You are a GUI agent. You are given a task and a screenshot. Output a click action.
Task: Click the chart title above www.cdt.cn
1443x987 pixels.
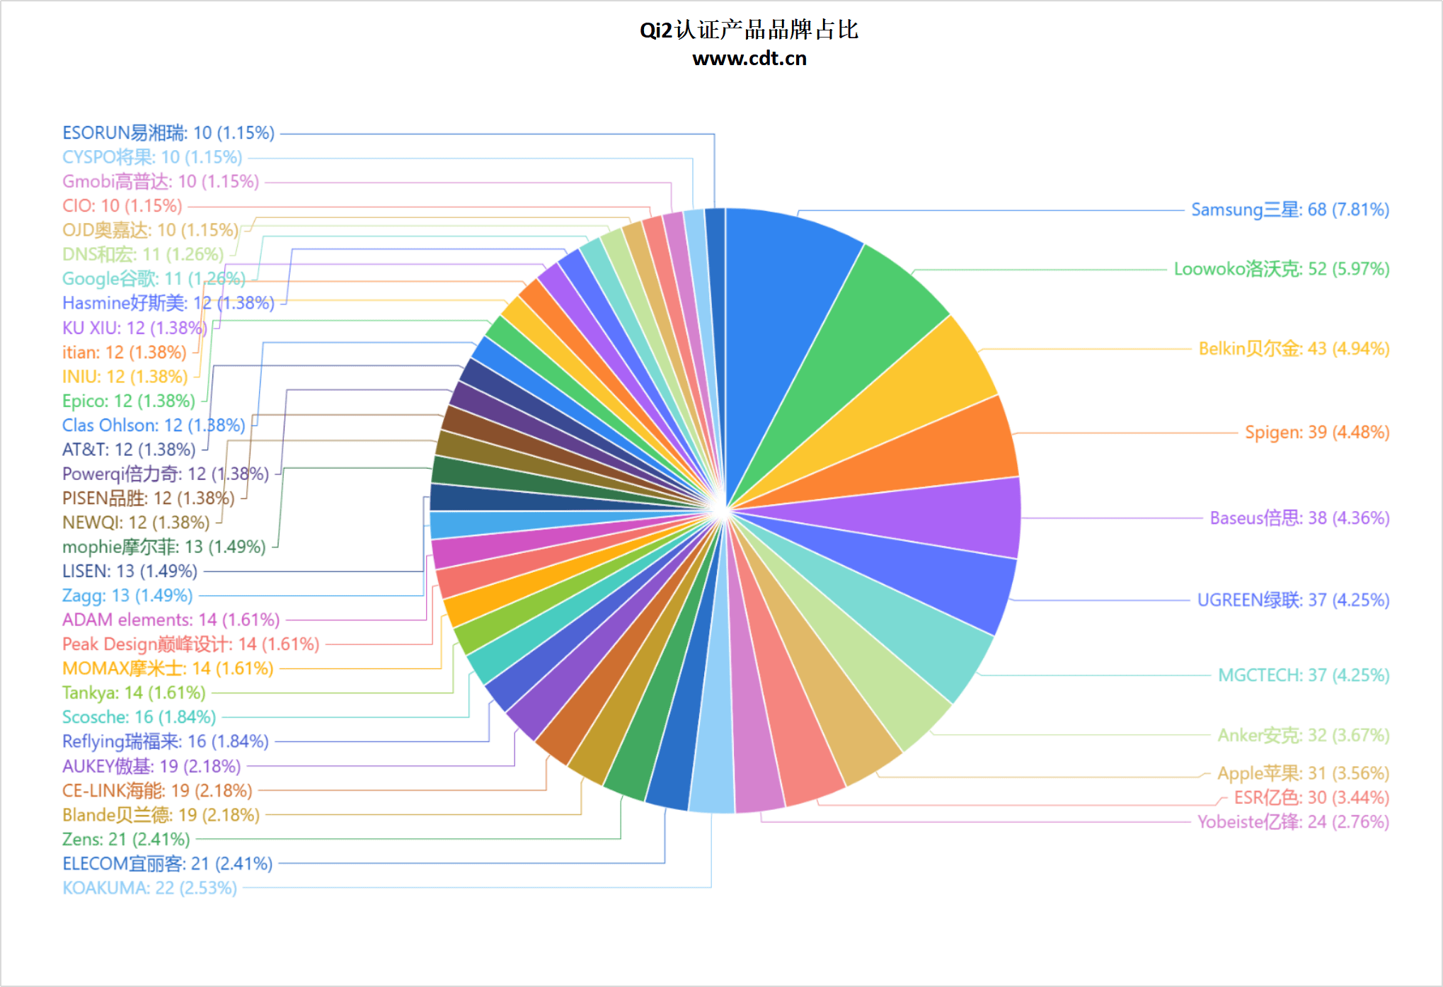749,30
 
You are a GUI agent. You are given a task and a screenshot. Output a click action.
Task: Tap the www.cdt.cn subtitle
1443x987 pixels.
749,59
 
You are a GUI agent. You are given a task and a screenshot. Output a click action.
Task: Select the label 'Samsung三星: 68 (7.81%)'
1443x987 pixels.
1289,210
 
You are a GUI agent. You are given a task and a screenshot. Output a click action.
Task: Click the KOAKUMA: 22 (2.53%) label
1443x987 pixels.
149,888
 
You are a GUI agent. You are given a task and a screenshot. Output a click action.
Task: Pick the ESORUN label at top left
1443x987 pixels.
168,133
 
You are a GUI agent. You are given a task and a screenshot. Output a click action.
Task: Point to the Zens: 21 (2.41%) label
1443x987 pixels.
126,839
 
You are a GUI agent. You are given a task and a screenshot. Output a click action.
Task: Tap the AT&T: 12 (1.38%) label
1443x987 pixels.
129,450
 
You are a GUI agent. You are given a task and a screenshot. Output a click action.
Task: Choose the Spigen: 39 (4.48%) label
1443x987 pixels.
1317,432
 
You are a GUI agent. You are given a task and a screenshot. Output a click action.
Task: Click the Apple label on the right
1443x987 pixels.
1303,772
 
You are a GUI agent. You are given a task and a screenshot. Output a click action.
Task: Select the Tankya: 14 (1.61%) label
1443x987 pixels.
134,692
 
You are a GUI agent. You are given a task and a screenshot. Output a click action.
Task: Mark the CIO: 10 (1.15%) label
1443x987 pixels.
122,206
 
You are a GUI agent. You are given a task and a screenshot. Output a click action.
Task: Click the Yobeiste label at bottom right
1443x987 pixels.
1293,822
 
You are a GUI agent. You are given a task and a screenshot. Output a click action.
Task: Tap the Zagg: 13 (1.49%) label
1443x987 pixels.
127,595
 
